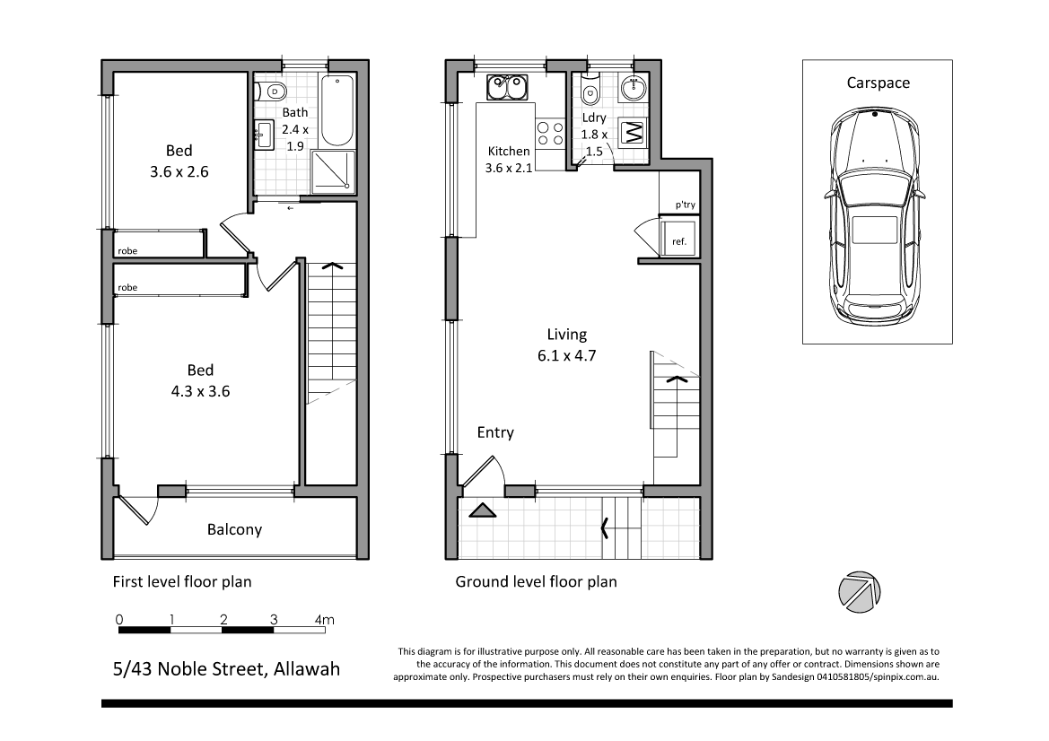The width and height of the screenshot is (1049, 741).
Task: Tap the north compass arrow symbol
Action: coord(856,592)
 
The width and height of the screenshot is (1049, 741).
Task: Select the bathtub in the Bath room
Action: coord(338,111)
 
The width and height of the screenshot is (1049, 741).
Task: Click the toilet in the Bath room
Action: coord(270,91)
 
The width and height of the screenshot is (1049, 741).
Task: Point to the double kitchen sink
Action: coord(509,88)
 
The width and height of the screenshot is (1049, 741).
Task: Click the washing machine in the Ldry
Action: coord(634,134)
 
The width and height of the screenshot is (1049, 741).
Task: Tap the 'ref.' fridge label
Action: coord(678,240)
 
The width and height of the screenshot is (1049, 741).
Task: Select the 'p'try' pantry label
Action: coord(685,205)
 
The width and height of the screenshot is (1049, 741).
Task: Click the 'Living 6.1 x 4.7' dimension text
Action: coord(567,344)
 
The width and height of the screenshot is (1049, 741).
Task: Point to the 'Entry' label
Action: coord(495,433)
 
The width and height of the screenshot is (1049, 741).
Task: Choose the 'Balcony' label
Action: coord(234,529)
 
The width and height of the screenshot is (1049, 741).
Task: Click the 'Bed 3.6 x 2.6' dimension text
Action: coord(179,161)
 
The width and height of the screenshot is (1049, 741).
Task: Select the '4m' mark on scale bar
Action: coord(324,619)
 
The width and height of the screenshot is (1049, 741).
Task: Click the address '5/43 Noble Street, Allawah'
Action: coord(226,668)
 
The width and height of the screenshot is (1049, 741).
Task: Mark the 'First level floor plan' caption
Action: coord(181,581)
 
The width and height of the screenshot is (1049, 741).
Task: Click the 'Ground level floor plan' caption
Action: coord(536,581)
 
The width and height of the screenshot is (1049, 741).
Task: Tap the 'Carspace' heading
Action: coord(878,83)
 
